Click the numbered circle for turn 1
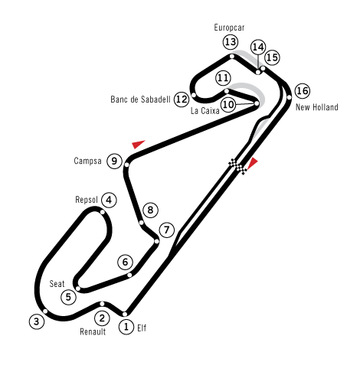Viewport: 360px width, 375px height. (x=126, y=327)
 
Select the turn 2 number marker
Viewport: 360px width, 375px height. (x=102, y=318)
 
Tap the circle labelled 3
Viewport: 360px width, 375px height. (x=37, y=321)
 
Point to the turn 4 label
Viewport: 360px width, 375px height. (x=109, y=200)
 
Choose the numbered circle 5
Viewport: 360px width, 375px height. (x=68, y=297)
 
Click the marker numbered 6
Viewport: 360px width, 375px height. (x=125, y=262)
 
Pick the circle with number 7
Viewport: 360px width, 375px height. (x=166, y=230)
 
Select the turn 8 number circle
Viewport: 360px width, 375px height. (x=150, y=210)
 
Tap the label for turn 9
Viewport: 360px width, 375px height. (x=114, y=161)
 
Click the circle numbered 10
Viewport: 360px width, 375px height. (x=228, y=104)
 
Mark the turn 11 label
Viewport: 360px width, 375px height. (x=223, y=78)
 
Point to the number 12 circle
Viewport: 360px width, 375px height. (x=181, y=99)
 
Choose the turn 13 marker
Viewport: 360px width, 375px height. (x=231, y=42)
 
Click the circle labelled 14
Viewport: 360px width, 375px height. (x=258, y=47)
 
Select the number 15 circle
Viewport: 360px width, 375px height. (x=272, y=57)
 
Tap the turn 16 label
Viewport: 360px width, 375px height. (x=302, y=91)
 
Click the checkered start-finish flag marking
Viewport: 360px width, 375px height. (x=238, y=166)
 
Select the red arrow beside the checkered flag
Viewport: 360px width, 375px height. (x=252, y=162)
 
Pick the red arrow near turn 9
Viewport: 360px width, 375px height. (x=138, y=144)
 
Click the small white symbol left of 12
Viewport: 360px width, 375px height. (x=131, y=99)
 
